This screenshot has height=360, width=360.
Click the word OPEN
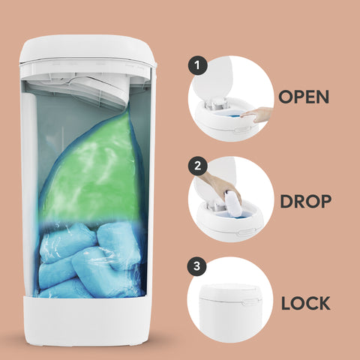coord(304,97)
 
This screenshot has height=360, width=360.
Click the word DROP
coord(305,201)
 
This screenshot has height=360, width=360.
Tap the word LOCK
coord(305,303)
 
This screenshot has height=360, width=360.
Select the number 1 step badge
coord(198,65)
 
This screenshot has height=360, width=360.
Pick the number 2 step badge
coord(197,166)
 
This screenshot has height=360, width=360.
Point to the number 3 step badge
coord(196,266)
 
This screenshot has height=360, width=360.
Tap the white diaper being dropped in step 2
coord(232,204)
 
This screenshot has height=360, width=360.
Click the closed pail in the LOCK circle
coord(229,313)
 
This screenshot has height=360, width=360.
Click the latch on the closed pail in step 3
coord(243,303)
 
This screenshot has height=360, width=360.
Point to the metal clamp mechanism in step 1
coord(216,103)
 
